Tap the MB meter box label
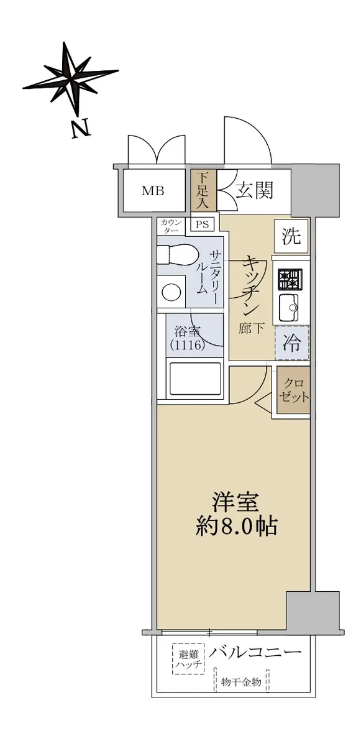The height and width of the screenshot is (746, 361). pyautogui.click(x=153, y=191)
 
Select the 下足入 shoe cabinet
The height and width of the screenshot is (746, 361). pyautogui.click(x=204, y=190)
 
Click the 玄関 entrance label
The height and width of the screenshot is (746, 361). pyautogui.click(x=255, y=191)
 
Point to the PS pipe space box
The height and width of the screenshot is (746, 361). pyautogui.click(x=203, y=224)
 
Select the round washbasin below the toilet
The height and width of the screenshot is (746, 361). pyautogui.click(x=171, y=292)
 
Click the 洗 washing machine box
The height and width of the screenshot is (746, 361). pyautogui.click(x=291, y=236)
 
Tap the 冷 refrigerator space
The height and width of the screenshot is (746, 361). pyautogui.click(x=292, y=343)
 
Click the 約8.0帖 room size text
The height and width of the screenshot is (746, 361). pyautogui.click(x=236, y=527)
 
